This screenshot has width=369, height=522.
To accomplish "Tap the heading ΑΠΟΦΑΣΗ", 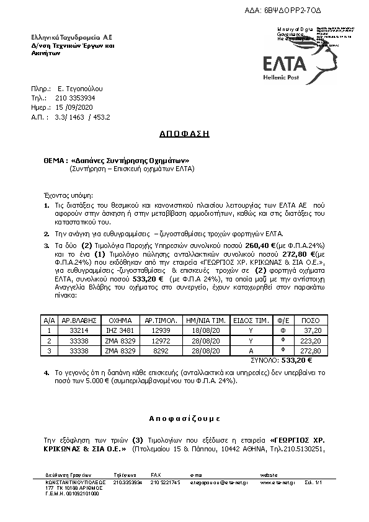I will click(x=184, y=133).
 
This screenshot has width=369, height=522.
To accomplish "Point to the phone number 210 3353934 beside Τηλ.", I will click(x=76, y=98).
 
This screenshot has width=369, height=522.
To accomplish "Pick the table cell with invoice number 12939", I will click(x=162, y=331).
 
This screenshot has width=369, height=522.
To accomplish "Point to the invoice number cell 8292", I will click(x=162, y=350).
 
